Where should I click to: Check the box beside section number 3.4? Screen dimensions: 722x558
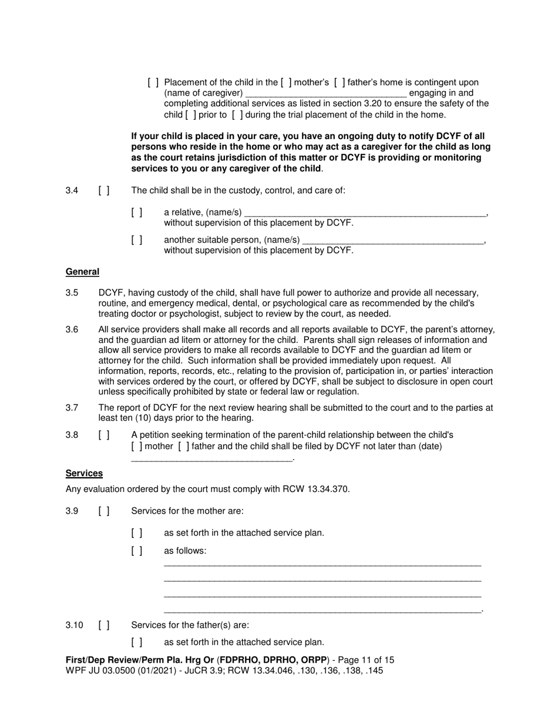[104, 190]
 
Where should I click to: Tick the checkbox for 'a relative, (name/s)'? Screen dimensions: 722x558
[137, 212]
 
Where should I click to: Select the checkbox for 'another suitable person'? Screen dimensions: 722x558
[137, 239]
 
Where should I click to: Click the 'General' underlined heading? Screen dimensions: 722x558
[82, 272]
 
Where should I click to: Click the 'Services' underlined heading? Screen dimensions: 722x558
[84, 473]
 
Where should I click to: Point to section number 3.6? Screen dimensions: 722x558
[72, 330]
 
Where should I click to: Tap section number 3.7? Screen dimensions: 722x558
[72, 407]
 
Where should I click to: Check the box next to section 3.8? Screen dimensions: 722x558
[104, 435]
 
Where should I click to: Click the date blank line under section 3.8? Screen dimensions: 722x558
[211, 458]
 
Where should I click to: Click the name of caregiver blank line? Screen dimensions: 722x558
[325, 94]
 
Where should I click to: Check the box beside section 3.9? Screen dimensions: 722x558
[104, 511]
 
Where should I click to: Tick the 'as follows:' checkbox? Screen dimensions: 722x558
[137, 551]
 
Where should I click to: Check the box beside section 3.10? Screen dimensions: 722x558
[104, 625]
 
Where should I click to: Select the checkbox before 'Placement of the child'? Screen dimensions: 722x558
[153, 82]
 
